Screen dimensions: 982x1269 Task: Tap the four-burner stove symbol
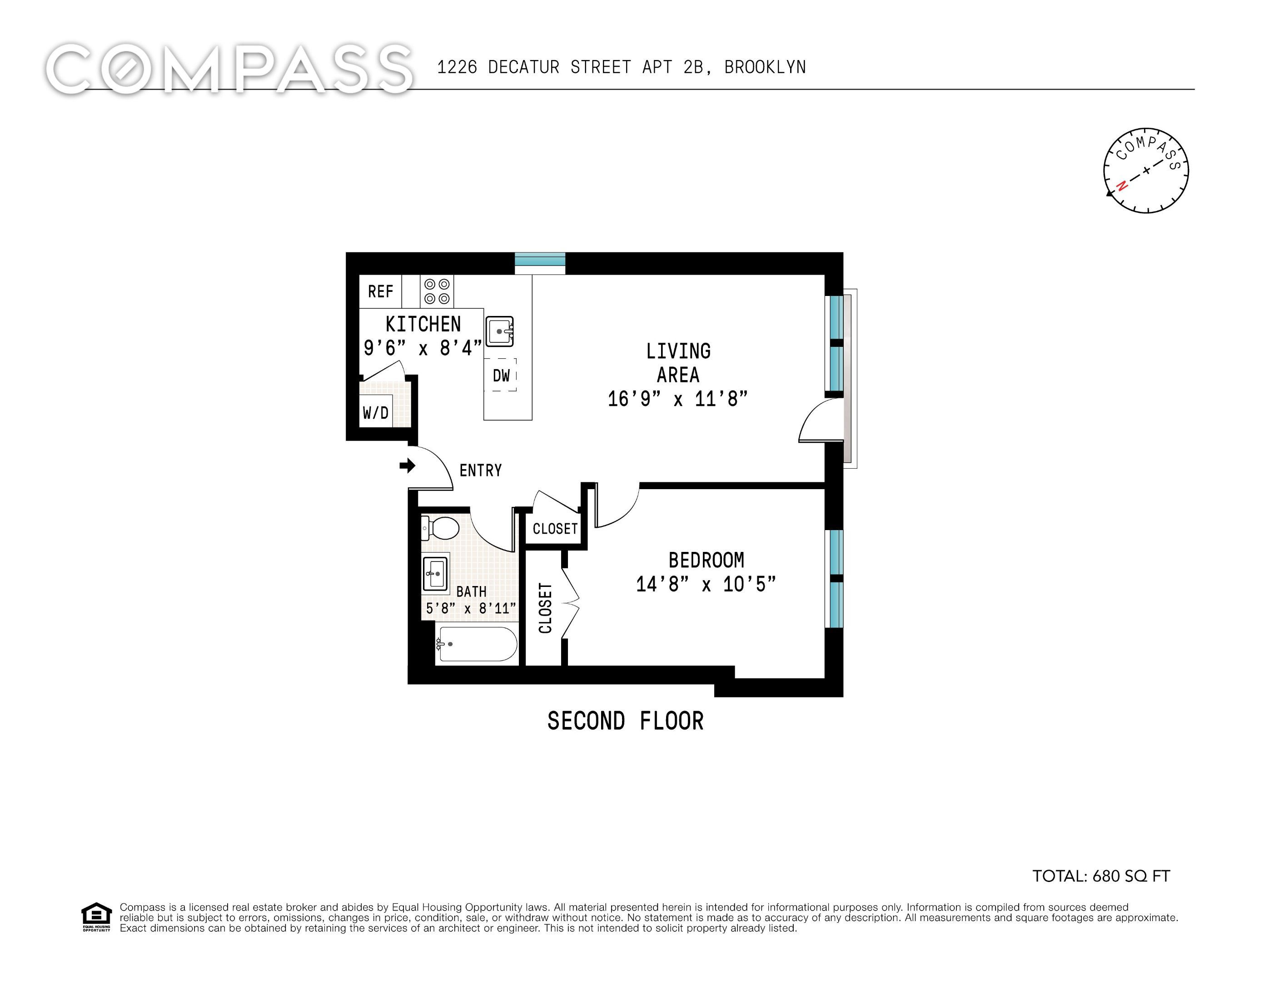(x=437, y=291)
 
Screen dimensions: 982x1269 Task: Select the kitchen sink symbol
(x=499, y=331)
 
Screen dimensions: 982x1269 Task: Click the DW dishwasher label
(x=501, y=376)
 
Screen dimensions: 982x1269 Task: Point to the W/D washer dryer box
(x=375, y=412)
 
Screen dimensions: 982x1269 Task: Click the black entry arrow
(x=407, y=465)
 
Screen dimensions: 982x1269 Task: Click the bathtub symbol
(x=478, y=644)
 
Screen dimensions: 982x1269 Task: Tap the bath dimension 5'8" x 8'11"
(x=471, y=608)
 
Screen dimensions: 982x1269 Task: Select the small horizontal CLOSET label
(x=555, y=528)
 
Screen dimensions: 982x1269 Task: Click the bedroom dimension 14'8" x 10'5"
(x=706, y=584)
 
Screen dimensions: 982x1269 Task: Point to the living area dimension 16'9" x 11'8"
(x=677, y=399)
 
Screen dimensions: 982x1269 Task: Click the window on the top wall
(x=540, y=263)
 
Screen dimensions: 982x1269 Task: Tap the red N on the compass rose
(x=1122, y=185)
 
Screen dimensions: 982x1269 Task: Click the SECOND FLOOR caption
(x=625, y=721)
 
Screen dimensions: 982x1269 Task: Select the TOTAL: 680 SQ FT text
(x=1100, y=876)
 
